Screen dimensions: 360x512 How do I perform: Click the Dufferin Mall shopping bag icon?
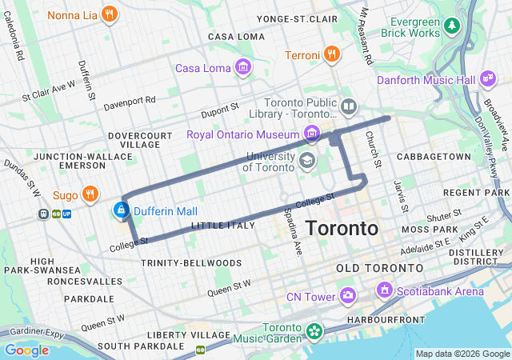coord(120,210)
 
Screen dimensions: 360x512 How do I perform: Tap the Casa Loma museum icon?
coord(242,67)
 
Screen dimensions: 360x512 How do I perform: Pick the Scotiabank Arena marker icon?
coord(385,290)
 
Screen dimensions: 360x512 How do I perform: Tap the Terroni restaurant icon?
coord(332,54)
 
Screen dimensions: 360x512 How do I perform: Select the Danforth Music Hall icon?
coord(487,78)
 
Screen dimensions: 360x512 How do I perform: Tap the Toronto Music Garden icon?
coord(314,330)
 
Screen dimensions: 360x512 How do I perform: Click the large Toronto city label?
coord(342,228)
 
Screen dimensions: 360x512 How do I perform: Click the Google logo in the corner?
coord(26,350)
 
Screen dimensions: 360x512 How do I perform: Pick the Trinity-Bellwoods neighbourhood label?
coord(190,262)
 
